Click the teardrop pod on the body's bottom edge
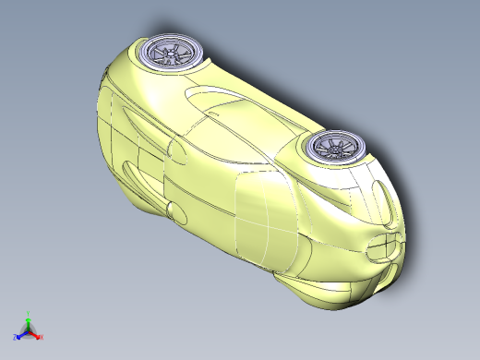click(x=176, y=213)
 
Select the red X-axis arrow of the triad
click(x=36, y=333)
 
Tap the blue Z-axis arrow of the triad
click(x=21, y=333)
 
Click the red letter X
click(x=42, y=337)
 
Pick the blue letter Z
click(x=16, y=337)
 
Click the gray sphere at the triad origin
click(x=29, y=330)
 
